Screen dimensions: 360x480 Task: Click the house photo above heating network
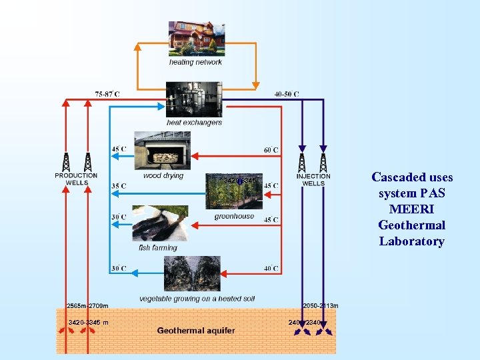tap(195, 38)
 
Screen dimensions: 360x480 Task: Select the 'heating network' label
tap(195, 62)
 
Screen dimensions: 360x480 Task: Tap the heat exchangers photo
tap(194, 99)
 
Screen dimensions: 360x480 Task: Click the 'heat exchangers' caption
tap(194, 123)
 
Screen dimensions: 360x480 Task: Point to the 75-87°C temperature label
tap(107, 94)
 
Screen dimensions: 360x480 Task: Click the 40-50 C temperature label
tap(287, 94)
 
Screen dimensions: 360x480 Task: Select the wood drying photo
tap(162, 150)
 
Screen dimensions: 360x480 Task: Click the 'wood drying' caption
tap(163, 176)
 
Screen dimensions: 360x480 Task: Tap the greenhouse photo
tap(233, 193)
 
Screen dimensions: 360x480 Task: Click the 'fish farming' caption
tap(158, 248)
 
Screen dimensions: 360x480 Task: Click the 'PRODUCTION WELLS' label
tap(76, 179)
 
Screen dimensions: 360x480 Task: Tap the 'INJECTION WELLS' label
tap(313, 180)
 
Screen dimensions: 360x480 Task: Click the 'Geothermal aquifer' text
tap(195, 331)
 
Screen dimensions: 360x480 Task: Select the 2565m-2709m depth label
tap(87, 306)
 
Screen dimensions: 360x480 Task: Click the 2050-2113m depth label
tap(321, 306)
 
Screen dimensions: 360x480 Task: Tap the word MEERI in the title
tap(411, 209)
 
